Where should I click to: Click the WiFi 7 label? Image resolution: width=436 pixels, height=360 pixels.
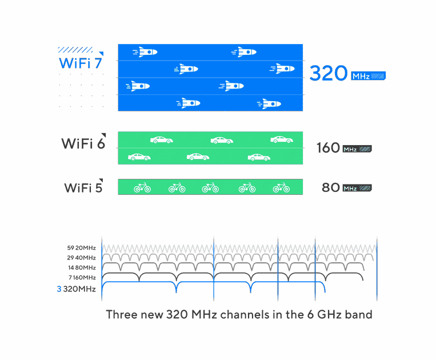coord(81,63)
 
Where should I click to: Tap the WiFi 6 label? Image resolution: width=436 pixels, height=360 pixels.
coord(83,143)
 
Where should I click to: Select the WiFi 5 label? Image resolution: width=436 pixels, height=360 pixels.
coord(83,187)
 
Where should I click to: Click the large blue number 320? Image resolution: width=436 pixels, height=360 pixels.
coord(329,73)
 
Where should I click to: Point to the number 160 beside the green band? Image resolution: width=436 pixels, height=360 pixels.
coord(328,147)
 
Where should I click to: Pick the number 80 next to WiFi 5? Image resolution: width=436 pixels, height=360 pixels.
coord(331,187)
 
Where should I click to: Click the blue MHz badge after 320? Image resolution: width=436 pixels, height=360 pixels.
coord(368,76)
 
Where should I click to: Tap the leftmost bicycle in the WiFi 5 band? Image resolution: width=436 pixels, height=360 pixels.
coord(142,187)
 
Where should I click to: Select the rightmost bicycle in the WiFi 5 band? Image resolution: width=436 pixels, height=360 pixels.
coord(281,187)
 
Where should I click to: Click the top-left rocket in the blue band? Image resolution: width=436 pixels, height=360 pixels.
coord(145,52)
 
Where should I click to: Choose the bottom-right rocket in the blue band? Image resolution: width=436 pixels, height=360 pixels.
coord(269,103)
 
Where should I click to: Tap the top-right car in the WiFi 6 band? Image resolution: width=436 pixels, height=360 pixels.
coord(282,139)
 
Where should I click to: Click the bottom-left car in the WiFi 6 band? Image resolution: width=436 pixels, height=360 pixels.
coord(139,157)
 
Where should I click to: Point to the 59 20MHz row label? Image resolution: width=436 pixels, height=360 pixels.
coord(82,247)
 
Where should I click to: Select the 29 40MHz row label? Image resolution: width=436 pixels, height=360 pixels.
coord(81,258)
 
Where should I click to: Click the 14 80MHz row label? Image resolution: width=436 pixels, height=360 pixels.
coord(82,267)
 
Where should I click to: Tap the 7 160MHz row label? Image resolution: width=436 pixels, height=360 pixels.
coord(82,278)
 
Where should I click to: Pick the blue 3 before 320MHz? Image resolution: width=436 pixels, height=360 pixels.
coord(59,289)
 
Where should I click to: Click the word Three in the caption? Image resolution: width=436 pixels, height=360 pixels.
coord(122,314)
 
